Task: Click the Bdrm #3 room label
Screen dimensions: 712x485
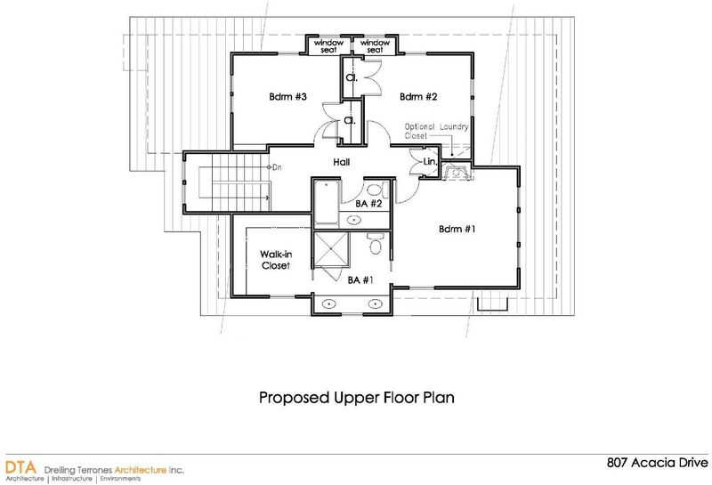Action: [x=287, y=97]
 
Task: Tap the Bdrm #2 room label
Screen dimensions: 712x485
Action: [x=418, y=97]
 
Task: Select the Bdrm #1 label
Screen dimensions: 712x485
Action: [x=457, y=229]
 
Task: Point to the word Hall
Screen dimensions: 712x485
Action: [x=342, y=162]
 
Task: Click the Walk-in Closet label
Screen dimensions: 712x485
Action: [x=276, y=260]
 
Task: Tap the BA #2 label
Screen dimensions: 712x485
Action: [x=368, y=204]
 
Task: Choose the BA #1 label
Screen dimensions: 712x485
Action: [x=360, y=280]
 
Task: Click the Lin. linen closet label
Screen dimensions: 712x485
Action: [x=430, y=162]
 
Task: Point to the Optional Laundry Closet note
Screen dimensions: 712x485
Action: [x=436, y=131]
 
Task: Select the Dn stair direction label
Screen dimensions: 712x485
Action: [x=277, y=167]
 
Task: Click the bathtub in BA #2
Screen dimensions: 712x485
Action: [x=326, y=203]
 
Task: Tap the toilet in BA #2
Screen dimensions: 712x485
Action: [x=376, y=190]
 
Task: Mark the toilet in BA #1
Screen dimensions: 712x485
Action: [x=375, y=244]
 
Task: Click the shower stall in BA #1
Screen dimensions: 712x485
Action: [x=330, y=249]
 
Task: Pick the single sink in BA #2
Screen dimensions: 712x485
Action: [x=353, y=220]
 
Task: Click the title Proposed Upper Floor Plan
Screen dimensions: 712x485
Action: [x=357, y=398]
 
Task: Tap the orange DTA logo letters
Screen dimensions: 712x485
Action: [x=20, y=467]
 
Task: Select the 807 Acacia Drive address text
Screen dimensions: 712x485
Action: [x=657, y=463]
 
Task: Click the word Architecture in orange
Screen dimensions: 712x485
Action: [x=141, y=470]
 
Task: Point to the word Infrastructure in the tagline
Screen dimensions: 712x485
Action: [x=72, y=479]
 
